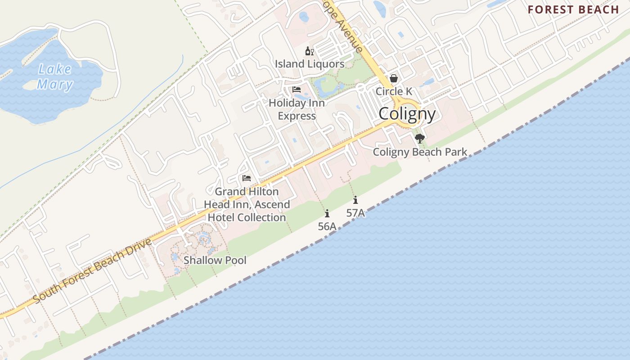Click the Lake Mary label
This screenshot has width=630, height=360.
pos(55,77)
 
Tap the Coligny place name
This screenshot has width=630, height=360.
pos(407,114)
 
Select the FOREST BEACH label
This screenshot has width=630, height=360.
pos(573,10)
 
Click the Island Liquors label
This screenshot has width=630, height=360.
pos(310,64)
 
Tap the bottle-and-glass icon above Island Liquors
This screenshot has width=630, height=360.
pos(310,51)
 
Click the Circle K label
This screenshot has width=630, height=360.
pos(394,91)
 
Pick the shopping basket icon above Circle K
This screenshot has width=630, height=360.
pos(394,79)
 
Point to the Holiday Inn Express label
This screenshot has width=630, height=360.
pos(297,109)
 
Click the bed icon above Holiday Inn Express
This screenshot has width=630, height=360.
pos(297,90)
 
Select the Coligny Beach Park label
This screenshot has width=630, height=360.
pos(420,152)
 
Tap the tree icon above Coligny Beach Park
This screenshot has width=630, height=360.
pos(420,138)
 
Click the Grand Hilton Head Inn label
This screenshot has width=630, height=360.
pos(247,204)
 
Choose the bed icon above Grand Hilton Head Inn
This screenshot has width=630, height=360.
pos(247,178)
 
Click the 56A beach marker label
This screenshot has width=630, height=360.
pos(327,226)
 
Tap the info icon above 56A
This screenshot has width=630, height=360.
pos(327,213)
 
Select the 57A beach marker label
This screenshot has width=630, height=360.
pos(355,213)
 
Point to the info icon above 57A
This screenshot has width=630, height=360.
pos(355,200)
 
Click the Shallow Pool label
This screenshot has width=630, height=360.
pos(215,260)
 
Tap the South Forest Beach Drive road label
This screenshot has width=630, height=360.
pos(92,270)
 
